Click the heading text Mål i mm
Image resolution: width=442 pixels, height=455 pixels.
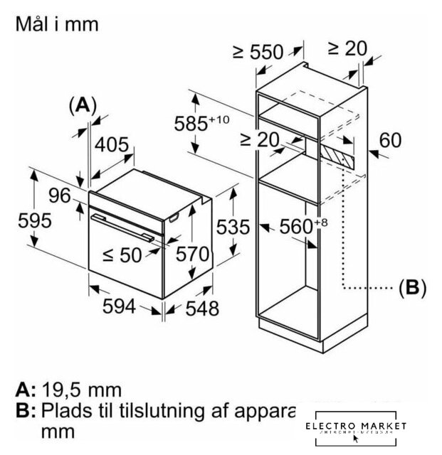[x=56, y=24]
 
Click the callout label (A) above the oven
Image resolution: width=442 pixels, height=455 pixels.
[x=83, y=105]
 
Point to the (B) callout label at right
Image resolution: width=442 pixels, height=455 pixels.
[x=411, y=287]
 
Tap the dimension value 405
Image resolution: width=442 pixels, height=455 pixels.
[x=112, y=145]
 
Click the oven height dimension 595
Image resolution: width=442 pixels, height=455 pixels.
[x=16, y=220]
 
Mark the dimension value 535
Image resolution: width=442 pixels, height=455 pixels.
[x=233, y=227]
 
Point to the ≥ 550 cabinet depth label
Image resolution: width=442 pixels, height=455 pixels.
[x=257, y=53]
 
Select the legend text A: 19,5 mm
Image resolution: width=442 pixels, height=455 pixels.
[x=69, y=390]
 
